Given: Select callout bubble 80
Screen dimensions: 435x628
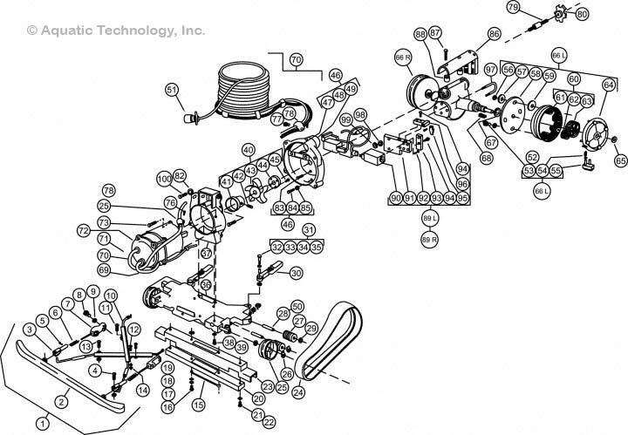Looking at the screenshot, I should pos(583,14).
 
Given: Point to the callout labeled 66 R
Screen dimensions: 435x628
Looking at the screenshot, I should pos(403,58).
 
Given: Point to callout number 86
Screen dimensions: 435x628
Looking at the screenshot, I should pos(494,34).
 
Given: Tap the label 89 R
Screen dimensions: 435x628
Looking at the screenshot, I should pos(428,238).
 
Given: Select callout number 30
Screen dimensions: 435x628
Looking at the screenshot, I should pos(296,273).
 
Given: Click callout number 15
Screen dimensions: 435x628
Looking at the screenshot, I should pos(199,405).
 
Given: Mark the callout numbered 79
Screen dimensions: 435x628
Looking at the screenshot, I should pos(513,8).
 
